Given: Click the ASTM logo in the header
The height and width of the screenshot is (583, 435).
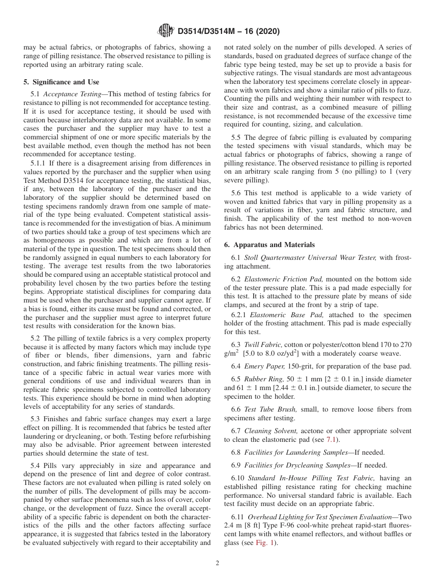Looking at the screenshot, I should pos(165,31).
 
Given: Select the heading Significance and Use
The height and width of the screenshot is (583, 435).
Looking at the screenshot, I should pos(61,82).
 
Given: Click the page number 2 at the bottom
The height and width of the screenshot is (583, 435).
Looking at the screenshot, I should pos(217,563).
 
